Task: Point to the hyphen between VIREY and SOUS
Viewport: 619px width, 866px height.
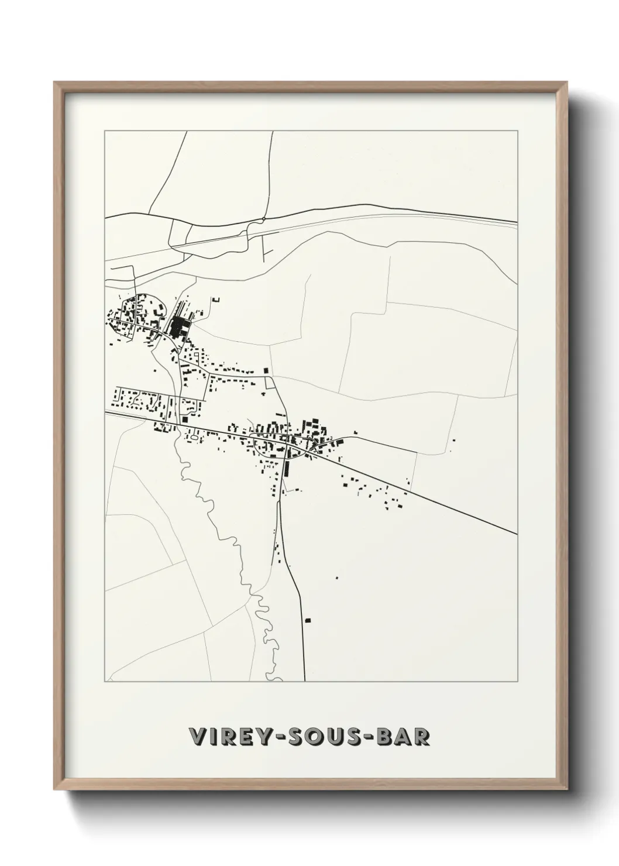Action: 269,738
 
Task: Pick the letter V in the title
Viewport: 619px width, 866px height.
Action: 198,737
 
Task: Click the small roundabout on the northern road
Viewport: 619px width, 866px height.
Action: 264,219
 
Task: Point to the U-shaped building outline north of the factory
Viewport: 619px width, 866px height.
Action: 216,300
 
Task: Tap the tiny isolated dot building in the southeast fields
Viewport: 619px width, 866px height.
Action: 336,578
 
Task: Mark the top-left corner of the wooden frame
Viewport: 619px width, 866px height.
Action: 55,83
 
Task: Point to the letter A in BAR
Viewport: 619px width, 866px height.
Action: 403,737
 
